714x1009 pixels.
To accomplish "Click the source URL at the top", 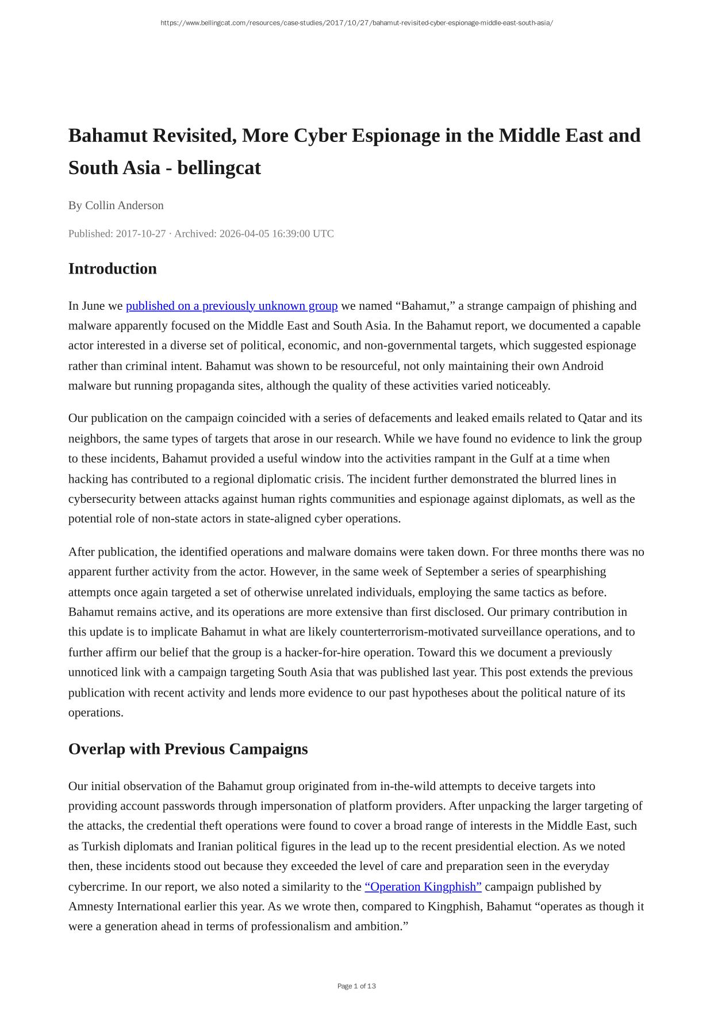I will (x=356, y=23).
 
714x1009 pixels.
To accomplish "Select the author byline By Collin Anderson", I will (x=116, y=206).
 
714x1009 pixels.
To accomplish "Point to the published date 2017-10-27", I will (x=141, y=234).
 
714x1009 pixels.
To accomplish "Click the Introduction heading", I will (x=113, y=269).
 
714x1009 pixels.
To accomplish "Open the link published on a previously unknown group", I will (x=232, y=306).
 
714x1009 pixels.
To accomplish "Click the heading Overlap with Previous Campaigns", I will (x=188, y=749).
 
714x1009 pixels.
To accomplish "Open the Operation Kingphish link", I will (x=423, y=887).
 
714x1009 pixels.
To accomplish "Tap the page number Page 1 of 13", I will (x=356, y=986).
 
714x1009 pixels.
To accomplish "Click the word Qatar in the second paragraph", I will (x=592, y=418).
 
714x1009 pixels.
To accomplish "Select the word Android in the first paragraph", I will (x=582, y=366).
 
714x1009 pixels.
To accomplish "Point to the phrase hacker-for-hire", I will (x=324, y=652).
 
